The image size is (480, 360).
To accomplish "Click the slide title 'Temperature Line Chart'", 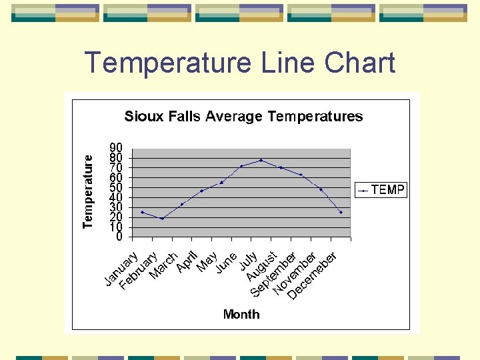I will [x=240, y=63].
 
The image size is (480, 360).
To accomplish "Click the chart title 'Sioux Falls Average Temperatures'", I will [x=243, y=117].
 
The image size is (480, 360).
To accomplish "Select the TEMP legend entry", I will [x=381, y=190].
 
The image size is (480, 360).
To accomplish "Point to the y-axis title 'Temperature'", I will [x=88, y=192].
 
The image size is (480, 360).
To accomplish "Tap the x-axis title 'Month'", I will [x=241, y=314].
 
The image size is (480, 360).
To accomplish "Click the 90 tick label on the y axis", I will [x=116, y=147].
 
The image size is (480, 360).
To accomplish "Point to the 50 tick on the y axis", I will [x=116, y=187].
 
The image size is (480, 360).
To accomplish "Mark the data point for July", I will [x=261, y=160].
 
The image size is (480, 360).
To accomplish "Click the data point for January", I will [x=142, y=212].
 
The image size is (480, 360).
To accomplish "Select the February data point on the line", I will [x=162, y=218].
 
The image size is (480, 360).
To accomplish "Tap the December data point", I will [x=341, y=212].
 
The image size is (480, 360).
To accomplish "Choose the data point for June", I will [x=241, y=166].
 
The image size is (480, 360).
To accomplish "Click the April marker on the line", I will [x=202, y=191].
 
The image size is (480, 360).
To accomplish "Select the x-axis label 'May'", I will [x=207, y=262].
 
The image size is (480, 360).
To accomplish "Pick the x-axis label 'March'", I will [x=163, y=265].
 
